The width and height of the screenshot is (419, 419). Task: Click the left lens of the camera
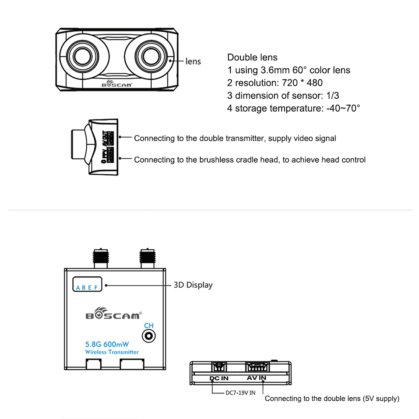83,57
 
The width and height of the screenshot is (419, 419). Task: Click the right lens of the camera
151,57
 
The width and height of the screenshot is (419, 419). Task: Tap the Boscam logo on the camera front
117,84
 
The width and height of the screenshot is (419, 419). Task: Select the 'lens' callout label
193,61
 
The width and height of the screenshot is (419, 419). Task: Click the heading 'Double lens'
252,57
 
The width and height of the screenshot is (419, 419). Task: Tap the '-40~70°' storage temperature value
343,108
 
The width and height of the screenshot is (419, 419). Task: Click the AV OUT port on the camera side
110,138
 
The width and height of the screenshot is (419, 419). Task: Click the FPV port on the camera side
110,155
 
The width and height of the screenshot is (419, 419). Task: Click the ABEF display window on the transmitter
88,284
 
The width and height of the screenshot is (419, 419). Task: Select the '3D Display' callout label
193,285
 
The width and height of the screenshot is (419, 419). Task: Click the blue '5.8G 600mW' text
107,344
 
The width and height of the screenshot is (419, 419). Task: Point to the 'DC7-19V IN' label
241,393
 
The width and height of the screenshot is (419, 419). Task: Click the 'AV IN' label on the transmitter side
256,378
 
